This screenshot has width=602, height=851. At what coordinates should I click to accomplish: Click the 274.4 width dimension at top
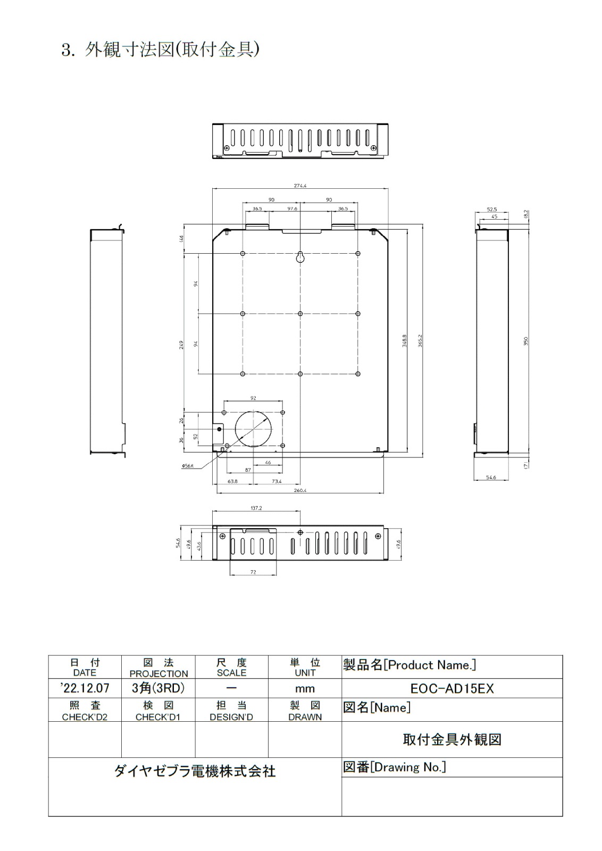pos(300,186)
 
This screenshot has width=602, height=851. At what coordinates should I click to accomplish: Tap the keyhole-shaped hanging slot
pos(300,257)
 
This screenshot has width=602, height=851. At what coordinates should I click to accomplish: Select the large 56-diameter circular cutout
pos(254,429)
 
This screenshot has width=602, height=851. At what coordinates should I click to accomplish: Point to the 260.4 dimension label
pos(300,490)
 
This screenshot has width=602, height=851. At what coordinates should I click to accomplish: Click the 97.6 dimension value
pos(292,209)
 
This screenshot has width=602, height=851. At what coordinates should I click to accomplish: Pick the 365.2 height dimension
pos(420,340)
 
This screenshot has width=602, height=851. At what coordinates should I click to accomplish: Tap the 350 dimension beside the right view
pos(526,340)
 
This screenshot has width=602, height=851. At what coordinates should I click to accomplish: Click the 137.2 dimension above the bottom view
pos(256,508)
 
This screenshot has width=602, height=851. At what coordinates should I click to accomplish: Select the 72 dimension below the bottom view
pos(253,572)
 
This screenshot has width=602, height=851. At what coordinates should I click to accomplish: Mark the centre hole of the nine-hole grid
pos(300,314)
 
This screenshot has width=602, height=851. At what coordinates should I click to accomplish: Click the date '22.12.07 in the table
pos(85,688)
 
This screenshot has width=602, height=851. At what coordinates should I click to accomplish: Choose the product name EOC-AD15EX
pos(452,689)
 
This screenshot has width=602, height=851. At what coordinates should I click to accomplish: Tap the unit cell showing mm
pos(305,689)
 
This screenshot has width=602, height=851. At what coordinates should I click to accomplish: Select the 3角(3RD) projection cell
pos(158,688)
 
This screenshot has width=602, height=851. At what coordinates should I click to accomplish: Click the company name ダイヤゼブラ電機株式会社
pos(195,771)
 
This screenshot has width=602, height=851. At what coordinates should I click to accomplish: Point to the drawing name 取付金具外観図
pos(452,740)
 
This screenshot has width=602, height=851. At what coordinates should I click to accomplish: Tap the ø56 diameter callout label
pos(188,466)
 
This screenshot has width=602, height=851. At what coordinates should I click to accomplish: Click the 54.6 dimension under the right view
pos(491,478)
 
